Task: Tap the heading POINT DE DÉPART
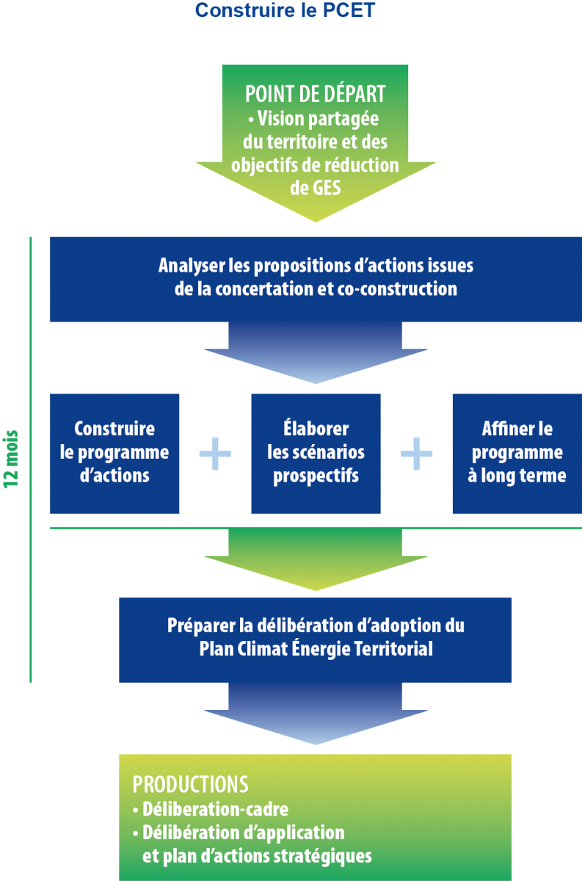coord(316,95)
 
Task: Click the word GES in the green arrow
coord(316,187)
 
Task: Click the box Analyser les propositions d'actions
coord(316,279)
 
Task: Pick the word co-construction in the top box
coord(398,289)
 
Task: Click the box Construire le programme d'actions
coord(114,454)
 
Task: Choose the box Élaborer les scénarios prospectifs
coord(316,454)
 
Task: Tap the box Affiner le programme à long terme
coord(517,454)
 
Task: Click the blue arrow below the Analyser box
coord(316,352)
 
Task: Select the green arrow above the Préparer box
coord(316,558)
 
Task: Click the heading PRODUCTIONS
coord(190,784)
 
